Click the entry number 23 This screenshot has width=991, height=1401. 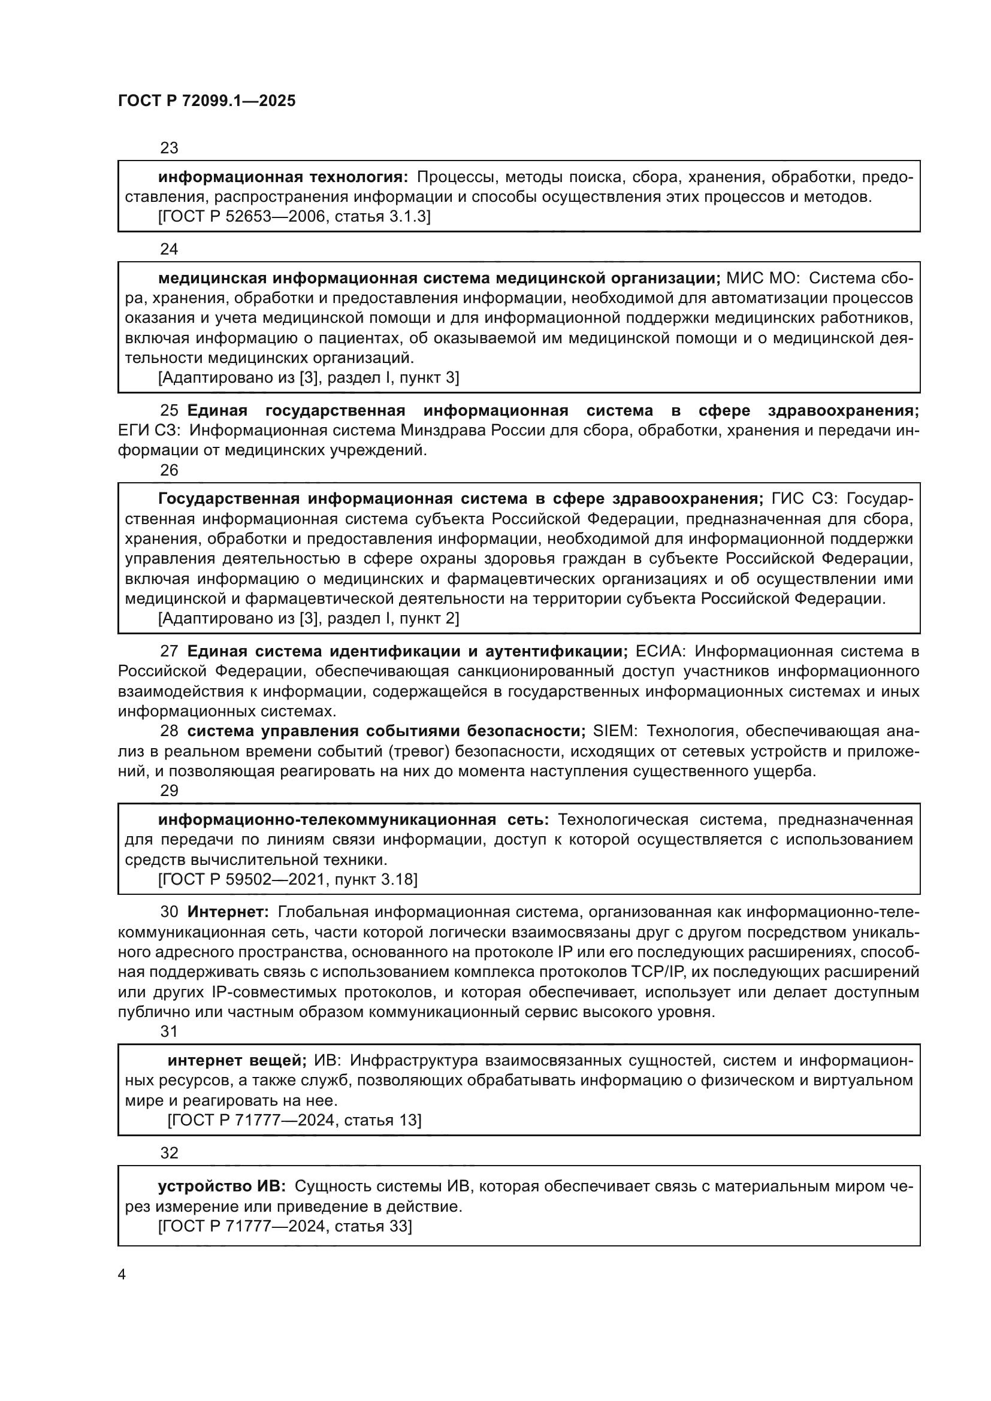(x=169, y=148)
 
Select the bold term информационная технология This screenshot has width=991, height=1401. (x=283, y=177)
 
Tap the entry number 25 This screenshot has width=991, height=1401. (x=169, y=411)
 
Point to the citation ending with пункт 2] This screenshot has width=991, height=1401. (x=308, y=619)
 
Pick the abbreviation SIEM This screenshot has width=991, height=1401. (x=615, y=731)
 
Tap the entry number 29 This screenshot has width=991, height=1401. (x=169, y=791)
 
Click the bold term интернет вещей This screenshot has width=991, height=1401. (x=237, y=1061)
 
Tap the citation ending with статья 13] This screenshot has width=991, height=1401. (x=294, y=1120)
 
